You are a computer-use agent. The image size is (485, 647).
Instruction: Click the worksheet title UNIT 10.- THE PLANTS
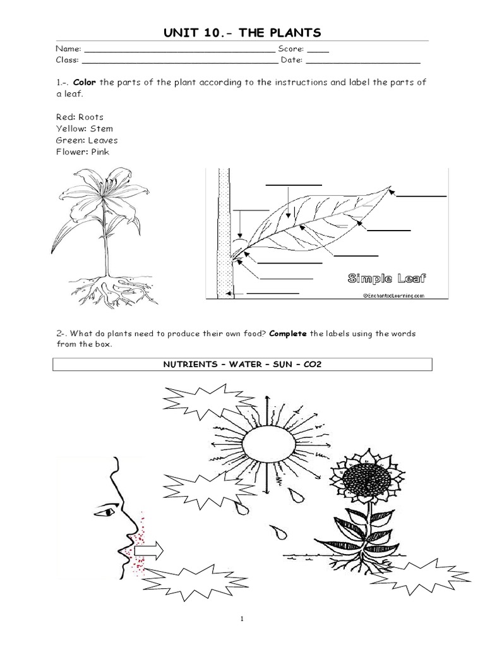[x=242, y=33]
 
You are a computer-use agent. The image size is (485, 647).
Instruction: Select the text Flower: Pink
[x=83, y=152]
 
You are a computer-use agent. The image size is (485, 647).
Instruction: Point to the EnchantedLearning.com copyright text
[x=393, y=294]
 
